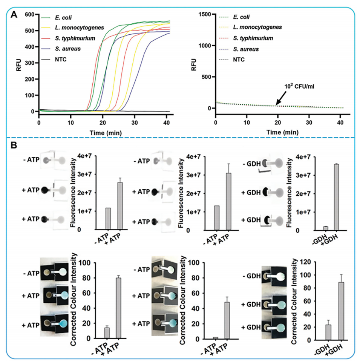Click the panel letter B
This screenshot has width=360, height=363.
14,145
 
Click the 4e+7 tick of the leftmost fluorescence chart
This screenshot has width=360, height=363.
86,156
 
